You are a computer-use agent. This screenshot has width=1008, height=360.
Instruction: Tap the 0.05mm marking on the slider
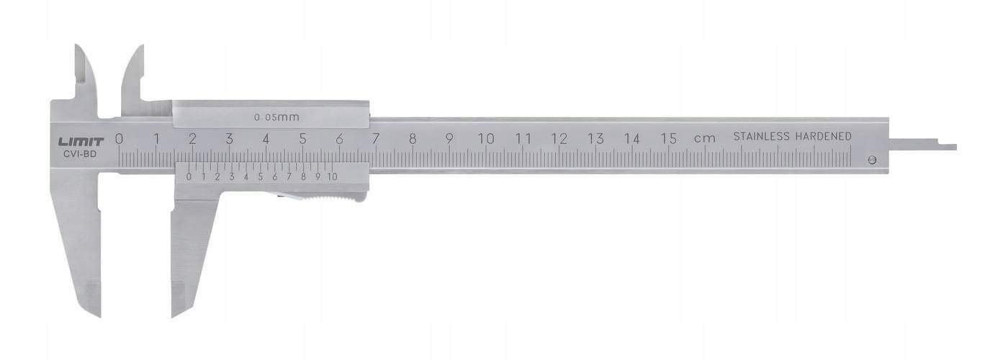pyautogui.click(x=276, y=116)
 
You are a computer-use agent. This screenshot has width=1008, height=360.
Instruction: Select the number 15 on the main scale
pyautogui.click(x=669, y=139)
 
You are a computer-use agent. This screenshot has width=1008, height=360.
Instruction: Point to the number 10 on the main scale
pyautogui.click(x=486, y=139)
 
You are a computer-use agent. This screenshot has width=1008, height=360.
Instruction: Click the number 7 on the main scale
pyautogui.click(x=376, y=139)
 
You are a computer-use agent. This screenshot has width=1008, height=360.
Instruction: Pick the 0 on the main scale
pyautogui.click(x=119, y=139)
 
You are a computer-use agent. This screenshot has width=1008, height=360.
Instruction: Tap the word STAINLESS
pyautogui.click(x=762, y=136)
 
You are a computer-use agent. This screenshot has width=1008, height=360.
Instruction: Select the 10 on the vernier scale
pyautogui.click(x=332, y=176)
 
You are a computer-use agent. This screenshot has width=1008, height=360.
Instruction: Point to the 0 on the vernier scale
pyautogui.click(x=189, y=176)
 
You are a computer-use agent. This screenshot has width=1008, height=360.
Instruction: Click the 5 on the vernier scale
pyautogui.click(x=260, y=176)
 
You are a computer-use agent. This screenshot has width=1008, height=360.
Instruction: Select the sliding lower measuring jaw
pyautogui.click(x=189, y=252)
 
